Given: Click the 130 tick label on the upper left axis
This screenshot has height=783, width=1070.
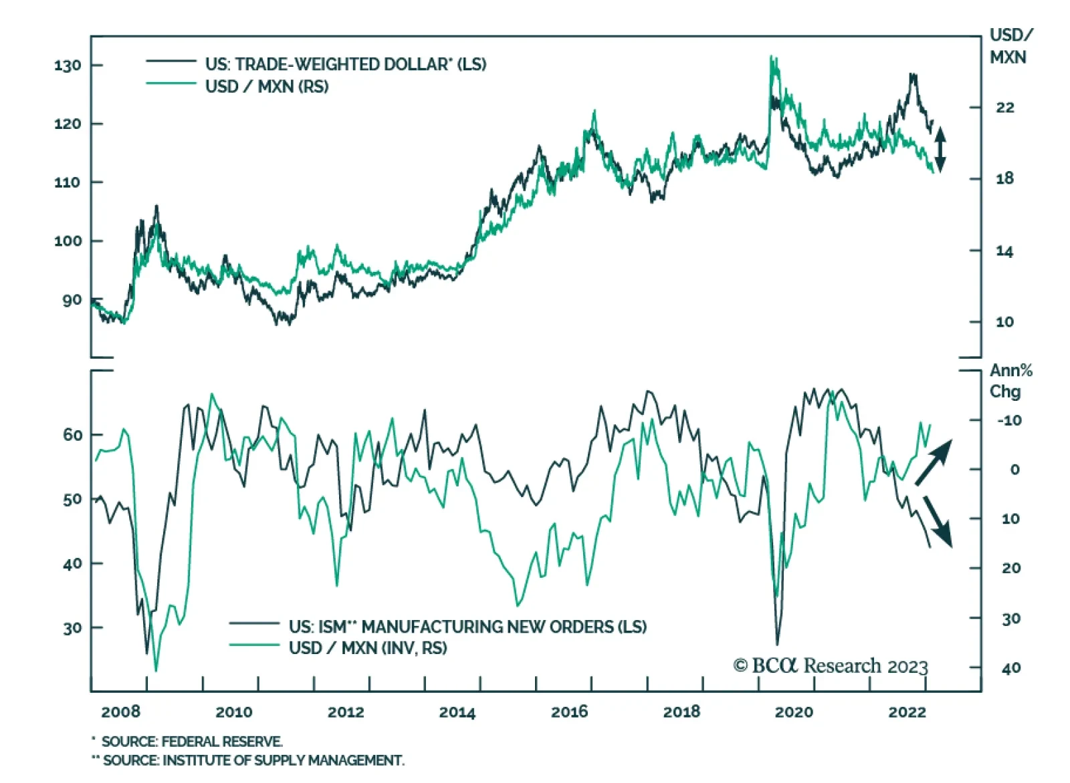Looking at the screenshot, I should pyautogui.click(x=68, y=65).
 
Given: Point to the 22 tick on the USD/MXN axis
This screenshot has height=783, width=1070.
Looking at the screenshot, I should pyautogui.click(x=1004, y=108).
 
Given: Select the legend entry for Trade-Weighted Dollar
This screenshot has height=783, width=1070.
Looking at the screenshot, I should pyautogui.click(x=345, y=64).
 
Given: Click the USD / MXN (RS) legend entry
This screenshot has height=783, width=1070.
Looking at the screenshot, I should pyautogui.click(x=267, y=86).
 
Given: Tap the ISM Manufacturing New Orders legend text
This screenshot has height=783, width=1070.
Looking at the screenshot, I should pyautogui.click(x=467, y=627).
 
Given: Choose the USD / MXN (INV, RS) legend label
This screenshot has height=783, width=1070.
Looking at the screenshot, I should pyautogui.click(x=368, y=647).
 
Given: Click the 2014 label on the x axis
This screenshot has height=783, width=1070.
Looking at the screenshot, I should pyautogui.click(x=457, y=712).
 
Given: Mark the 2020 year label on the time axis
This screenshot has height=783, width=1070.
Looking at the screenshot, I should pyautogui.click(x=793, y=712).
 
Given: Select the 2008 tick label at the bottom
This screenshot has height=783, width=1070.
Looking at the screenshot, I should pyautogui.click(x=120, y=712).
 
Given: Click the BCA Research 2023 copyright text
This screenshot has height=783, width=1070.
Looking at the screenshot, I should pyautogui.click(x=831, y=666).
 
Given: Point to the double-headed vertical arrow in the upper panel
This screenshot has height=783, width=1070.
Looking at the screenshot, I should pyautogui.click(x=940, y=148).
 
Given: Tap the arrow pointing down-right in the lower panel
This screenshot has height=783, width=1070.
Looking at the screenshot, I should pyautogui.click(x=938, y=521).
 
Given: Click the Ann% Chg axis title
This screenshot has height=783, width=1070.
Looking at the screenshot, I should pyautogui.click(x=1010, y=380).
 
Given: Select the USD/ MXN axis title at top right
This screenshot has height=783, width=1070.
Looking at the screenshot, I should pyautogui.click(x=1010, y=46).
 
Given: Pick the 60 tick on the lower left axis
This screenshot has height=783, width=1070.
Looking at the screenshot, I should pyautogui.click(x=72, y=435).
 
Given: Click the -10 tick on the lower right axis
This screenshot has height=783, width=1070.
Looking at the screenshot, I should pyautogui.click(x=1009, y=420).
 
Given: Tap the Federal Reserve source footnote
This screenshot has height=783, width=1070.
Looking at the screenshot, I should pyautogui.click(x=191, y=742).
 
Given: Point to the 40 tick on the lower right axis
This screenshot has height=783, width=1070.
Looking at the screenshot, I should pyautogui.click(x=1010, y=667).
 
